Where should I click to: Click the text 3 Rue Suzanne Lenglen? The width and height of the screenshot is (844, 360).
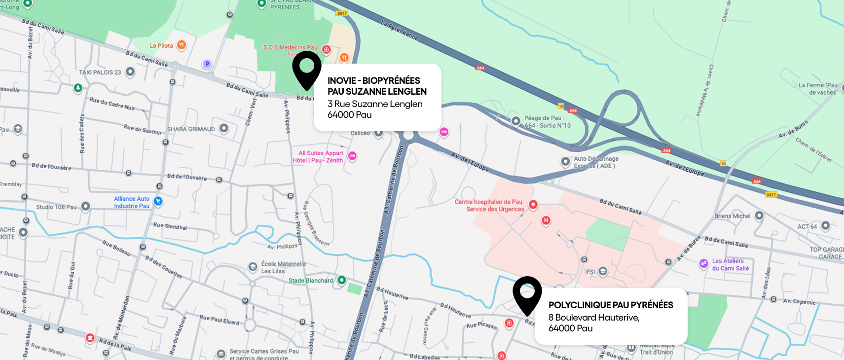(375, 104)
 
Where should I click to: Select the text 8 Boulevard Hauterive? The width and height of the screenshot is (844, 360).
(593, 318)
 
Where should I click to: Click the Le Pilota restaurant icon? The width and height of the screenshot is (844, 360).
(182, 45)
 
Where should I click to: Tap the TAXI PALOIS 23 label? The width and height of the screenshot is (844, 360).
(100, 72)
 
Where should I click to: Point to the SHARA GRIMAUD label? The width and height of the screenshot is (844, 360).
(191, 129)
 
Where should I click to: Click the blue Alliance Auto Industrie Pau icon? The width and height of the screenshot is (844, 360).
(158, 201)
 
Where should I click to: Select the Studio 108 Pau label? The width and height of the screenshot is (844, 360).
(56, 207)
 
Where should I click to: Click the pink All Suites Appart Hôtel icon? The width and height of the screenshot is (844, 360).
(352, 156)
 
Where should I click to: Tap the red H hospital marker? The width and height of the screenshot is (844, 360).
(546, 220)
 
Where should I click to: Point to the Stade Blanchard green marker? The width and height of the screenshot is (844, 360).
(341, 280)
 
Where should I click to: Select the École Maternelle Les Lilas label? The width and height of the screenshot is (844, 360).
(283, 267)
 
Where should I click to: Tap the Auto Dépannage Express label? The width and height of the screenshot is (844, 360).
(595, 162)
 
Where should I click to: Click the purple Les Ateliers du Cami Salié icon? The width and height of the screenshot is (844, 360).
(703, 264)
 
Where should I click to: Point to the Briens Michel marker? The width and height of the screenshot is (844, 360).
(759, 216)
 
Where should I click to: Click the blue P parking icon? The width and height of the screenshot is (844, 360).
(207, 64)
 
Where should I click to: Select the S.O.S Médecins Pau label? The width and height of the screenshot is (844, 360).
(290, 47)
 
